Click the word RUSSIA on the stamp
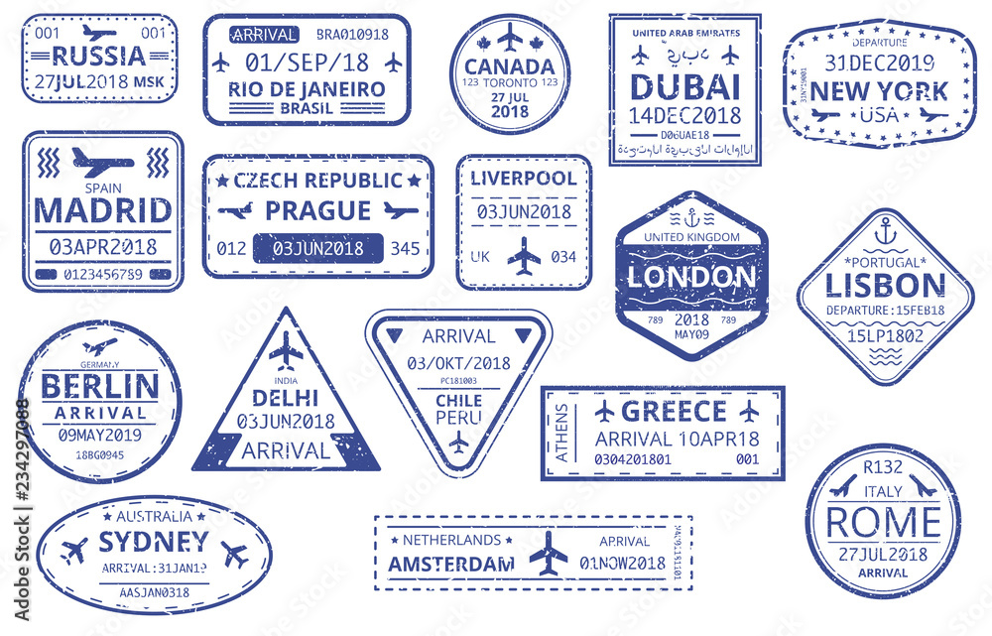(x=99, y=56)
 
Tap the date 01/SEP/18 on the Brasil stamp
(x=306, y=62)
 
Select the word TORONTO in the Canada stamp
(x=508, y=82)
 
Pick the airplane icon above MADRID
(x=102, y=160)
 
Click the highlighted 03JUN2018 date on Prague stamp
(x=317, y=248)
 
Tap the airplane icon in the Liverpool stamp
(x=524, y=256)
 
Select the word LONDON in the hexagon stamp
(x=691, y=277)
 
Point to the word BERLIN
(x=100, y=385)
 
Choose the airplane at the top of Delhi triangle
(x=286, y=349)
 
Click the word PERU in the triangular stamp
(x=458, y=417)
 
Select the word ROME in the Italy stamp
(x=883, y=521)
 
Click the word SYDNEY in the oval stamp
(x=154, y=541)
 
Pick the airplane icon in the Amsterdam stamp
(x=549, y=552)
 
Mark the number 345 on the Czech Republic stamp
(x=407, y=247)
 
